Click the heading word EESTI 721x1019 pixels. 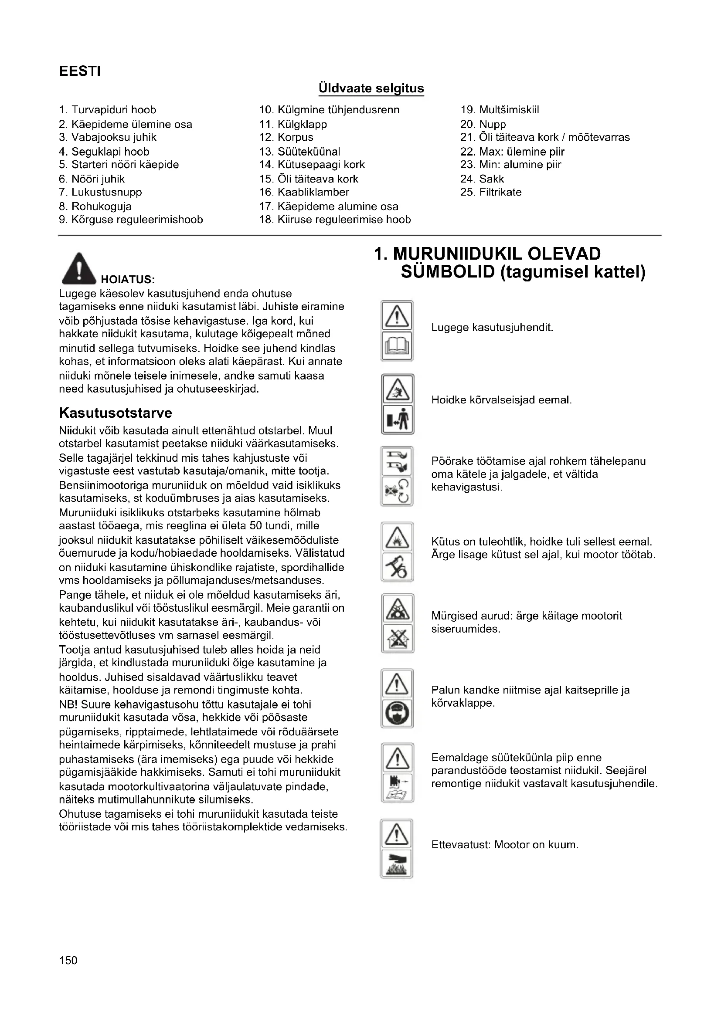(80, 71)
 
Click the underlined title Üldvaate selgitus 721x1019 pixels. (371, 88)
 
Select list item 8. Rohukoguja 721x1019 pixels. (95, 207)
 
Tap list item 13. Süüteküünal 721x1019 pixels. (299, 152)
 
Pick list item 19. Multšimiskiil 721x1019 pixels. (500, 110)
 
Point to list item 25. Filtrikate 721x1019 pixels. (490, 192)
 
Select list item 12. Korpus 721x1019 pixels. (286, 138)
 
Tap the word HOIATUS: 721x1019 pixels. (128, 280)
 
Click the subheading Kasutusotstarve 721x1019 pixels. (116, 413)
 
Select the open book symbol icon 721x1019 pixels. (398, 346)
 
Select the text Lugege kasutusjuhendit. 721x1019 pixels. (492, 328)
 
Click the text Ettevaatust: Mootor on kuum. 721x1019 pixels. (505, 845)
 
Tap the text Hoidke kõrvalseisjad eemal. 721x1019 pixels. (501, 400)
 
